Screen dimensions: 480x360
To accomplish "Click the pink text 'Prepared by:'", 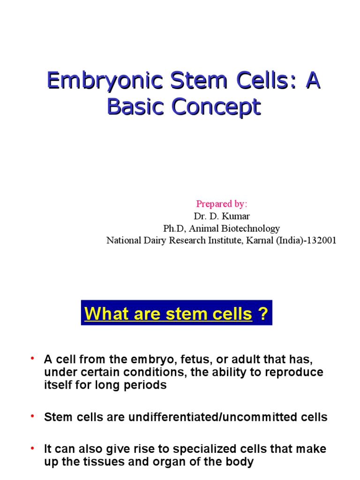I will tap(221, 203).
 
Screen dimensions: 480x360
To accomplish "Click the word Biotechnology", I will tap(252, 228).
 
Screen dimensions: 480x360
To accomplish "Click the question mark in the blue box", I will tap(264, 314).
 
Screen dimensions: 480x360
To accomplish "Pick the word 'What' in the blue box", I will tap(103, 314).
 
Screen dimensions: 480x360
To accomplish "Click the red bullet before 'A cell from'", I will tap(33, 359).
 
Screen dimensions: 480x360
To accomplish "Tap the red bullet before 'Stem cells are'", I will tap(33, 416).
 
